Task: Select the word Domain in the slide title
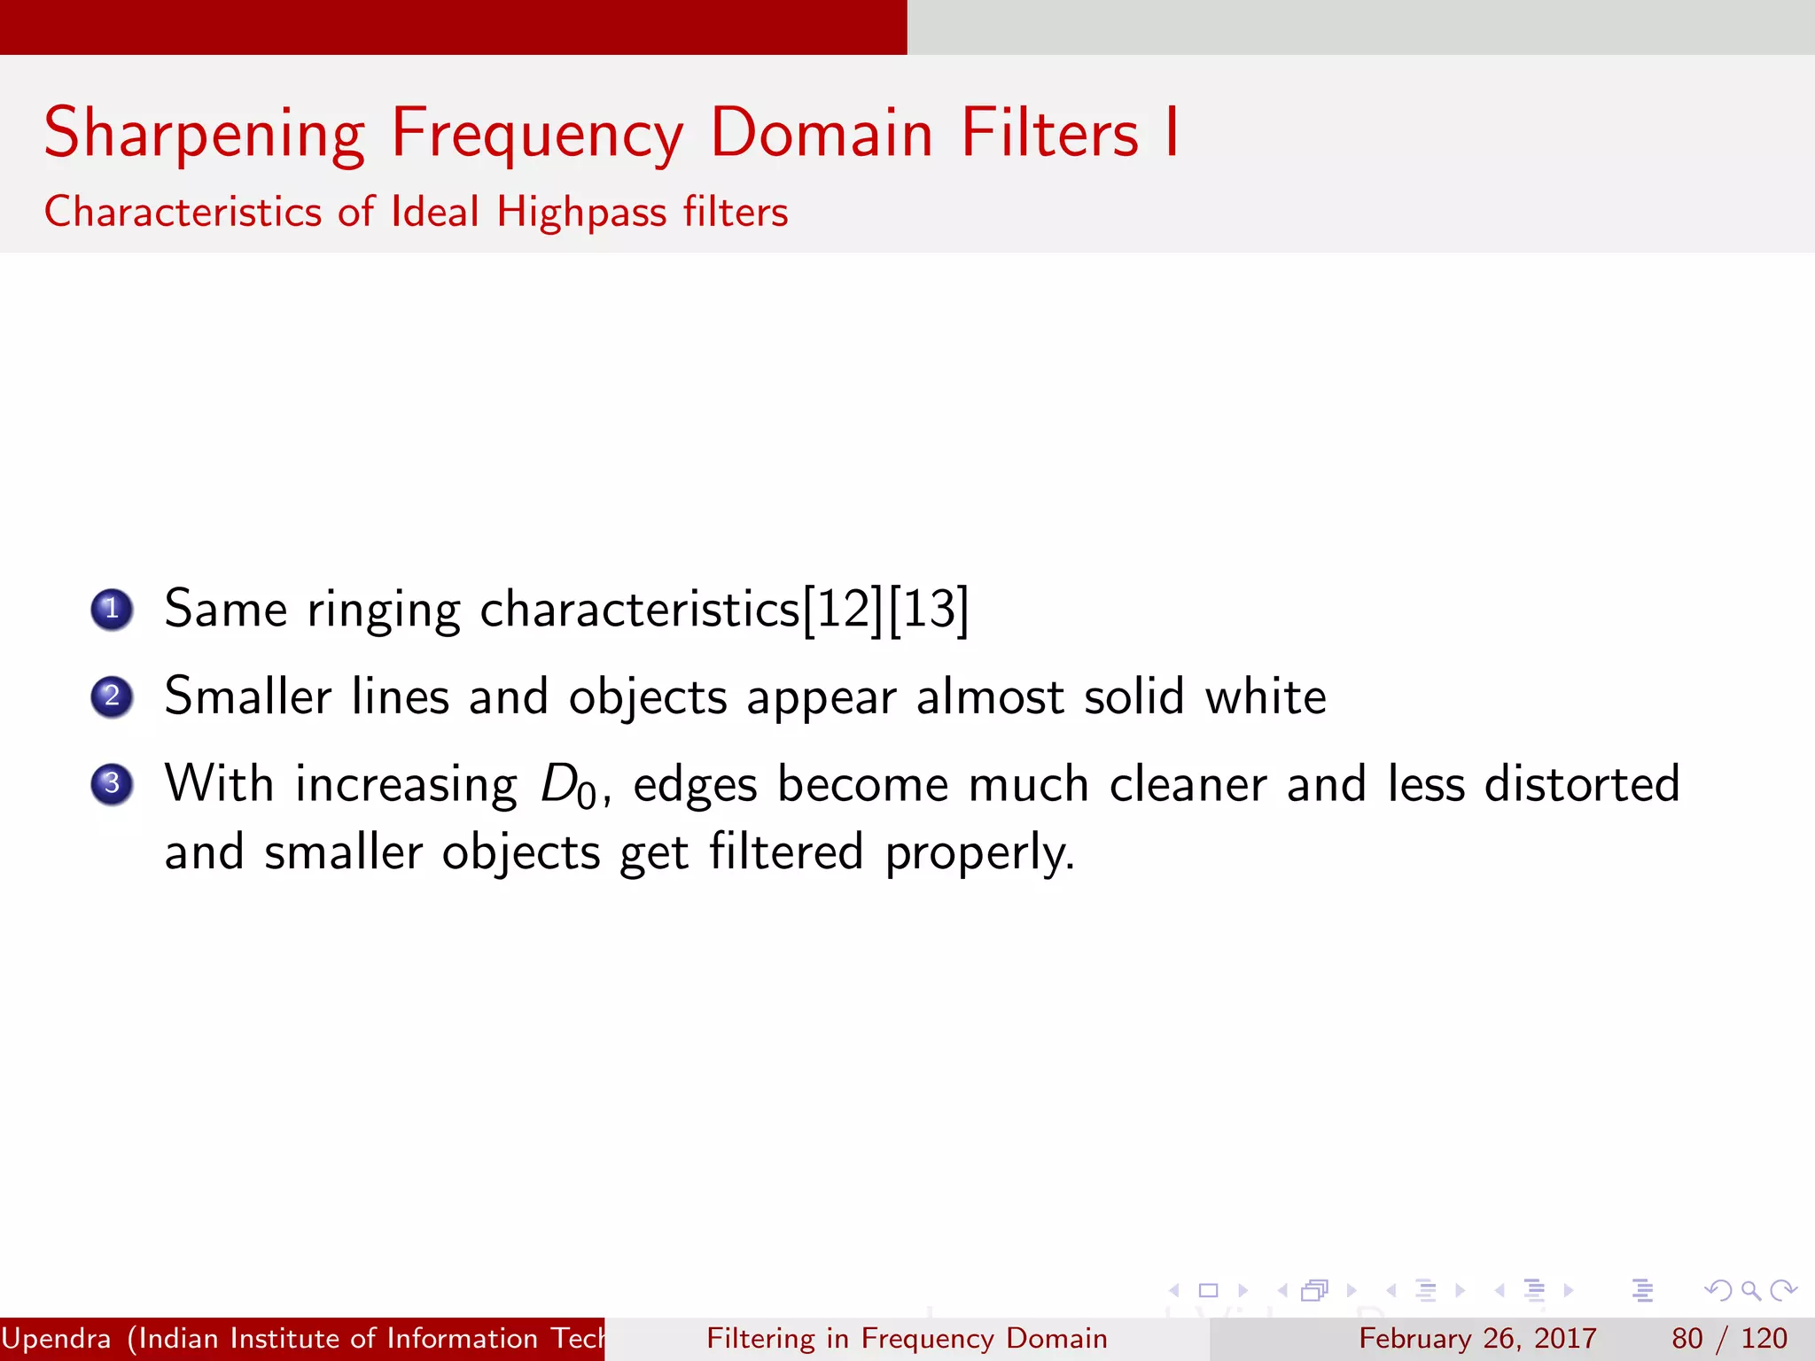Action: pos(822,133)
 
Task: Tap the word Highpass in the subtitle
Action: pos(580,213)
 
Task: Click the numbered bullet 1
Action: pos(112,610)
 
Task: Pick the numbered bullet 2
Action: pos(112,696)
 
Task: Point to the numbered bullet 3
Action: pos(112,783)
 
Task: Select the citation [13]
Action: pos(928,610)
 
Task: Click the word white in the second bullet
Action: pos(1265,696)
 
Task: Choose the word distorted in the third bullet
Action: pos(1581,784)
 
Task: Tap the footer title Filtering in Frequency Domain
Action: pos(907,1338)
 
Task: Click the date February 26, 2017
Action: pos(1477,1338)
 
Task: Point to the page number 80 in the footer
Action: pos(1687,1338)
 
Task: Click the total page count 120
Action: pos(1764,1338)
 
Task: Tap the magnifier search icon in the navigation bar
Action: pos(1750,1290)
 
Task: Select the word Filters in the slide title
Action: pos(1050,133)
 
